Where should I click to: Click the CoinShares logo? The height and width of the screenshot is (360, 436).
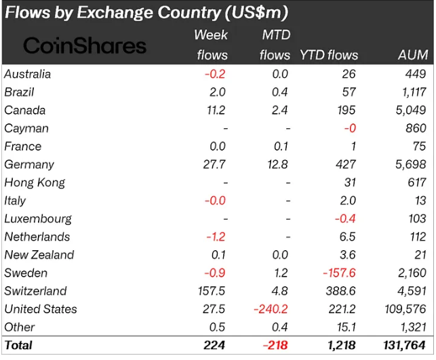click(85, 45)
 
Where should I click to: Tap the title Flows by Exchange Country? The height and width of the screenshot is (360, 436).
click(146, 12)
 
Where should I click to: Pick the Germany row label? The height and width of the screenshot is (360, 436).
click(28, 164)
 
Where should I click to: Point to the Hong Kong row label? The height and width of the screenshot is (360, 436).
click(35, 182)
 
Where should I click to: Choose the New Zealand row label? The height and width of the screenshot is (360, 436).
click(39, 255)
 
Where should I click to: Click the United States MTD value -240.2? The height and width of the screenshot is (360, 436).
click(269, 309)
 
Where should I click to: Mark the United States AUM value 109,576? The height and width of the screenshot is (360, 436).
click(405, 309)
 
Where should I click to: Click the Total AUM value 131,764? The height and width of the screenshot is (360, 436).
click(405, 345)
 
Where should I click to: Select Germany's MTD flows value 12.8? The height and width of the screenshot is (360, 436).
click(278, 164)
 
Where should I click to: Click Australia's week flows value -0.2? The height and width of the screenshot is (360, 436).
click(215, 74)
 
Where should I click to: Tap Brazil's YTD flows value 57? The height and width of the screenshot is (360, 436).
click(348, 92)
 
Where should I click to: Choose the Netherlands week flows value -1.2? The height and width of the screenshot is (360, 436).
click(215, 237)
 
